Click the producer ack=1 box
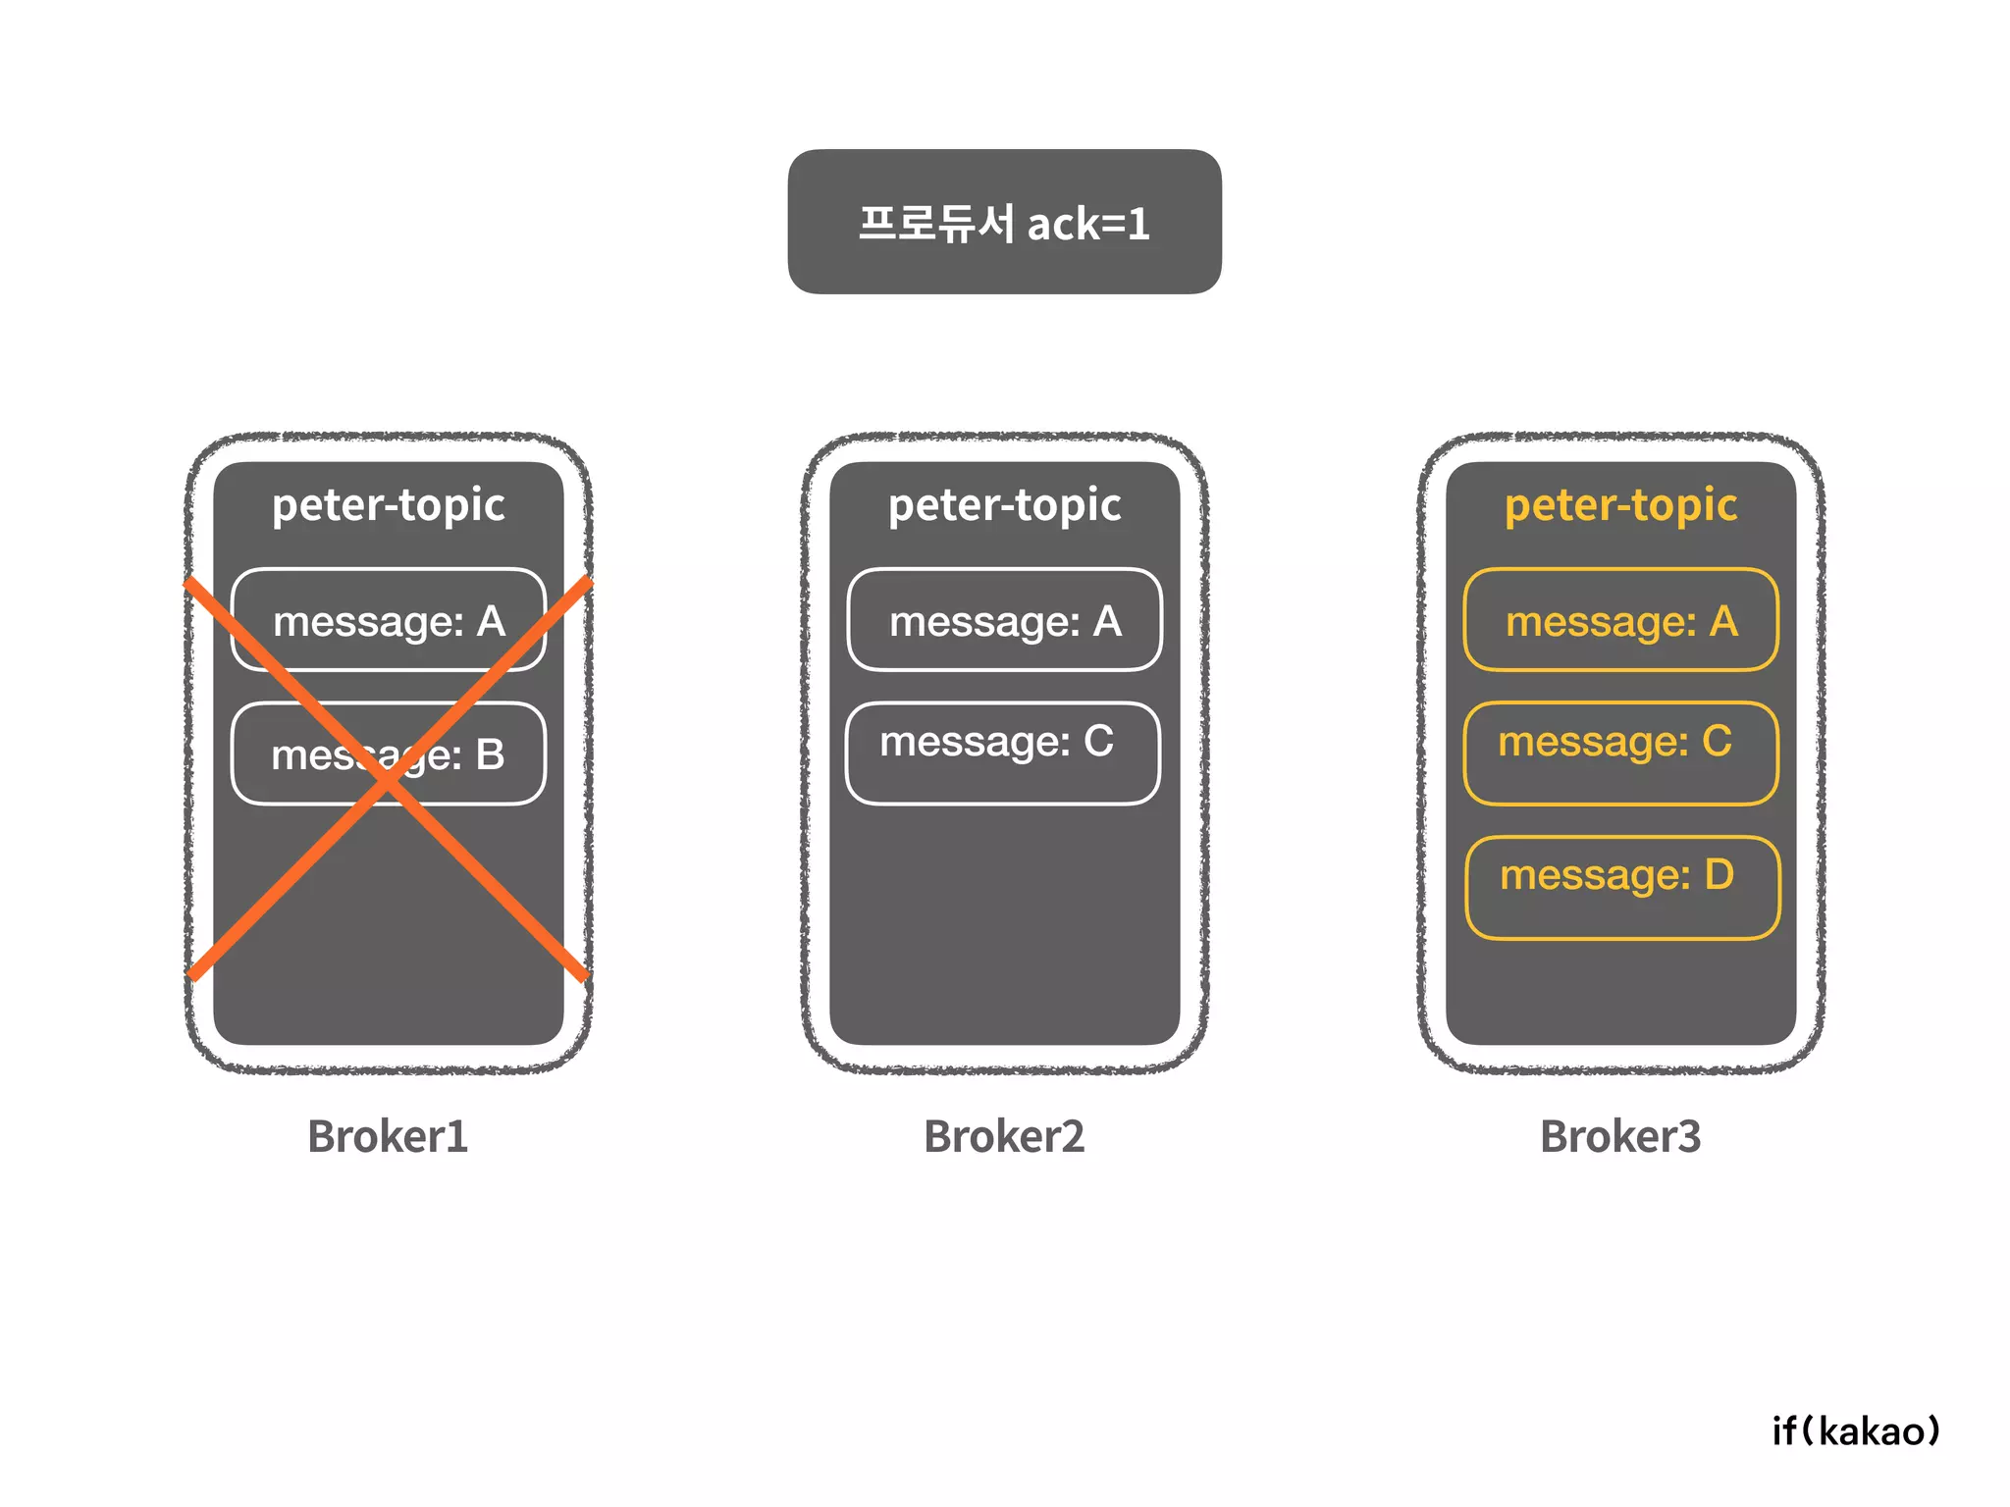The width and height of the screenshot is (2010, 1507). (1004, 222)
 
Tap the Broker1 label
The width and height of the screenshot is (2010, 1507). (388, 1136)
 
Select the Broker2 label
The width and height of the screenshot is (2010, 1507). (1004, 1136)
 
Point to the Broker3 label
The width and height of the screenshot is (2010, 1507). (1620, 1136)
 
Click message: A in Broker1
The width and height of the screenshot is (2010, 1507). (389, 620)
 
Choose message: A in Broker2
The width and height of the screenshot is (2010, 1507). (1005, 620)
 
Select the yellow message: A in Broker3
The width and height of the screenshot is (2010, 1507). (1620, 620)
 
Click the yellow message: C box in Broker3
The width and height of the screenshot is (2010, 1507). (1620, 753)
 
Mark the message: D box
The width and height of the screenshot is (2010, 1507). (1622, 887)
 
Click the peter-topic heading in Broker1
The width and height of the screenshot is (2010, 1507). (389, 505)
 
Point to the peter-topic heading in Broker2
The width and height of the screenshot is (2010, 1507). (1004, 505)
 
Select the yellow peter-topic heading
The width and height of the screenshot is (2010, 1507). (1620, 505)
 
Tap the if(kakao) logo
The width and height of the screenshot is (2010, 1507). (1856, 1430)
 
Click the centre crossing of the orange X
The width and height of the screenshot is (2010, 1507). (389, 780)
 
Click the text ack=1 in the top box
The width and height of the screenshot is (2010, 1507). (1087, 225)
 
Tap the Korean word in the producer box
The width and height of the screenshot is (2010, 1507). (935, 223)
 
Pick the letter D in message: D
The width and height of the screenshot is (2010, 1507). (1719, 874)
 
